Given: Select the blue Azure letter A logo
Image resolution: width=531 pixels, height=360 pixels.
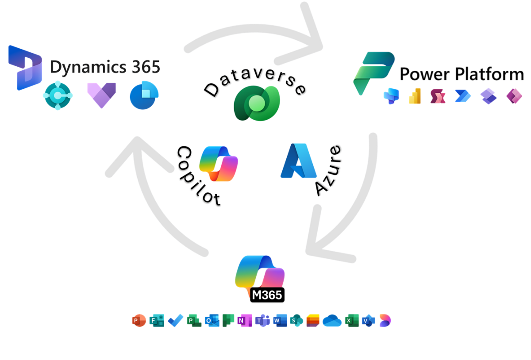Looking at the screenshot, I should [298, 161].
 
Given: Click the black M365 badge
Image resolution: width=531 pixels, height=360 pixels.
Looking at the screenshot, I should [267, 295].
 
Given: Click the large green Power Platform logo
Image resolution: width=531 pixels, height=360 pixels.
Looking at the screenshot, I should [373, 73].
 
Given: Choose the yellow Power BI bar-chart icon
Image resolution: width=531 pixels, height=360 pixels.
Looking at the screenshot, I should [415, 96].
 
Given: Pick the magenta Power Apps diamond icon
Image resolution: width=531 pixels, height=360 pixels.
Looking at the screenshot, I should [514, 96].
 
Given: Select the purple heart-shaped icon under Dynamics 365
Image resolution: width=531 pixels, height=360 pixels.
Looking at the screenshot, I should [102, 95].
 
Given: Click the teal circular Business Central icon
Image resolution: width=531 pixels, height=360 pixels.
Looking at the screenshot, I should [58, 95].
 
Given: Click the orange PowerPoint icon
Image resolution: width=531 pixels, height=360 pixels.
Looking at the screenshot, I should [139, 321].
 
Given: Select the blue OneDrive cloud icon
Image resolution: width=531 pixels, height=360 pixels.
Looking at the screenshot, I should [332, 321].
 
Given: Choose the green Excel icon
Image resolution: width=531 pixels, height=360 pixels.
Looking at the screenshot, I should [352, 321].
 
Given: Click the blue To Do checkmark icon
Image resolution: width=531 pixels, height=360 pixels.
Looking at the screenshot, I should [176, 321].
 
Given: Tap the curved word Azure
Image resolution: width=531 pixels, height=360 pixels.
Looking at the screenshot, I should [328, 170].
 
